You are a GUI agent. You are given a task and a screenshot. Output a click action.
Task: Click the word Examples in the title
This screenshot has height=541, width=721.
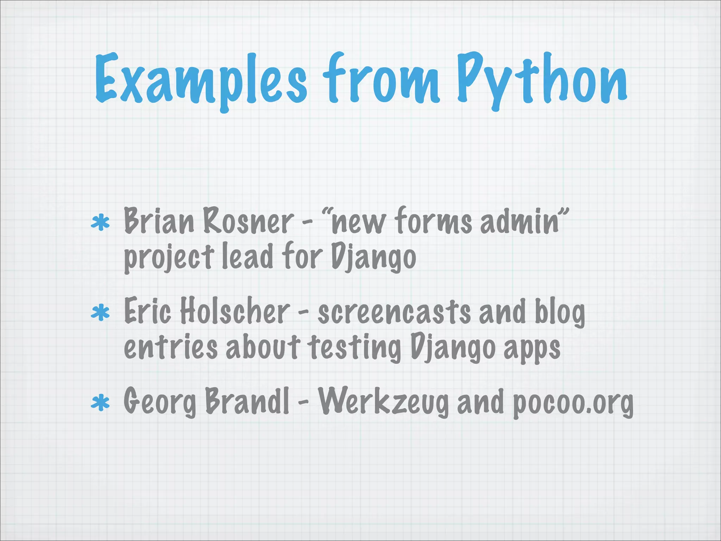[x=201, y=79]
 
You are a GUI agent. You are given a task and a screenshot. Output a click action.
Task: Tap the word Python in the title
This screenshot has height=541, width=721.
[x=542, y=79]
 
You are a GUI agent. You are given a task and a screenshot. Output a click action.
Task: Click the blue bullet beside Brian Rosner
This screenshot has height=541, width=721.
[x=100, y=223]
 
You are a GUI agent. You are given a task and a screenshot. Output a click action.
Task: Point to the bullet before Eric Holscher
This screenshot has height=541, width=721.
[x=100, y=312]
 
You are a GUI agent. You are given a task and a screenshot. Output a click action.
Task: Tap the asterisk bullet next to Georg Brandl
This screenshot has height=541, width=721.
[x=100, y=403]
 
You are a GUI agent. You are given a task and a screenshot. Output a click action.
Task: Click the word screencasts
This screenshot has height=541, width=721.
[x=394, y=311]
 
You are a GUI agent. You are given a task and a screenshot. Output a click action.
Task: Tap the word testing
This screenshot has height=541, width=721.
[x=354, y=349]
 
